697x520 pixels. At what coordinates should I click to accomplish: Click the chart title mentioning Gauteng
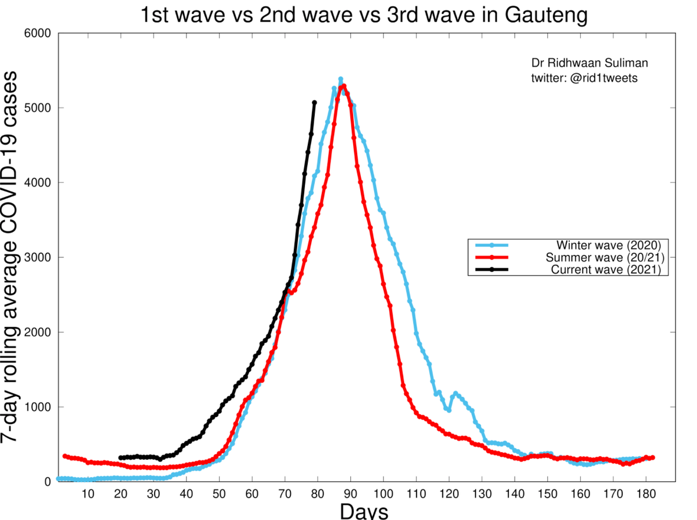pos(364,15)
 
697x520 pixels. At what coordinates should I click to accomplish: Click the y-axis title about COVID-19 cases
pos(16,258)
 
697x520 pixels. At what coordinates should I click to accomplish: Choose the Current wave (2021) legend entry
pos(606,270)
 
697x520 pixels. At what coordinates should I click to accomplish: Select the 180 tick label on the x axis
pos(646,494)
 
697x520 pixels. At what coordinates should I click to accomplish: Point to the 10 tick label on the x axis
pos(88,494)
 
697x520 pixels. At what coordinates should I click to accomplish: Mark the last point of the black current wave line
pos(314,103)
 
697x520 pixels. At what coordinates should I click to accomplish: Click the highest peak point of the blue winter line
pos(340,79)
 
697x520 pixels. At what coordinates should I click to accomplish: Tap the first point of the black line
pos(120,458)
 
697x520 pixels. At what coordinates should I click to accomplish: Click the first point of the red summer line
pos(64,456)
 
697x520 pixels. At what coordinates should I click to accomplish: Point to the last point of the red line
pos(653,458)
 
